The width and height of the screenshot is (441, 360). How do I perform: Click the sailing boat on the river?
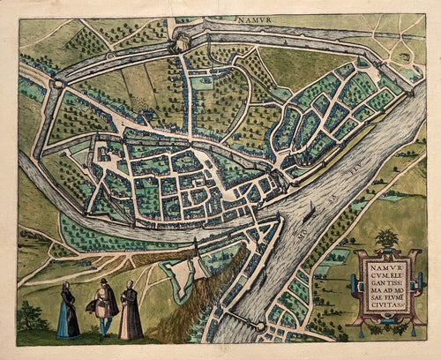[x=311, y=212]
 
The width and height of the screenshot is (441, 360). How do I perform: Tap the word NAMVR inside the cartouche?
[x=383, y=262]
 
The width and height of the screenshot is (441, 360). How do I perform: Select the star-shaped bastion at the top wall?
[x=181, y=40]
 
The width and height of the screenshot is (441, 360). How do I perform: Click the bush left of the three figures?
[x=31, y=318]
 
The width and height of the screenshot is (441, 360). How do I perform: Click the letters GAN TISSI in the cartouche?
[x=383, y=280]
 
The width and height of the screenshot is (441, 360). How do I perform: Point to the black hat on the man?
[x=104, y=282]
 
